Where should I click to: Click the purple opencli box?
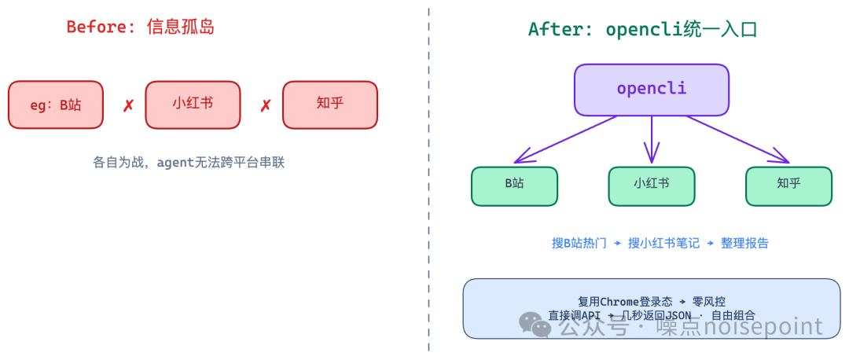[x=651, y=89]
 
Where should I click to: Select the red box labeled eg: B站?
[x=56, y=105]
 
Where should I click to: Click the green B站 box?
[x=514, y=186]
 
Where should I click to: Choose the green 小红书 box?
[x=651, y=186]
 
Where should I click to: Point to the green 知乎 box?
[x=788, y=186]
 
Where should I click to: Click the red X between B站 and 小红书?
[x=128, y=105]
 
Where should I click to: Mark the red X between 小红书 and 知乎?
[x=266, y=105]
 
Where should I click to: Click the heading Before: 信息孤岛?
[x=140, y=27]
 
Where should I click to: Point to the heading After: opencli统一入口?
[x=641, y=30]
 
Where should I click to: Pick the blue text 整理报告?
[x=744, y=243]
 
